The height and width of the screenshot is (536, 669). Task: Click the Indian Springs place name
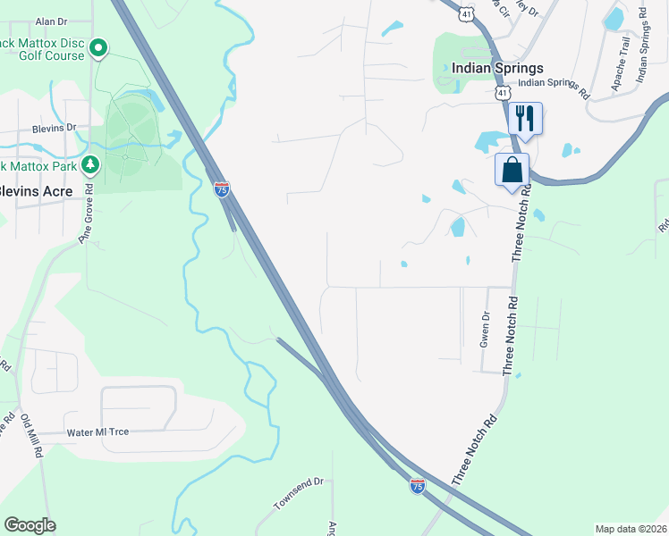[x=497, y=69]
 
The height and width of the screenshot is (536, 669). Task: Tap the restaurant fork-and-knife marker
[x=525, y=117]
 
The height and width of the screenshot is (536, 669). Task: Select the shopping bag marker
[x=512, y=169]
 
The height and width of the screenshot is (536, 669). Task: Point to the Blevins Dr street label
[x=55, y=128]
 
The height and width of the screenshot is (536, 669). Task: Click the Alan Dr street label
[x=51, y=21]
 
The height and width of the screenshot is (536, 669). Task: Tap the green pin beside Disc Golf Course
[x=99, y=46]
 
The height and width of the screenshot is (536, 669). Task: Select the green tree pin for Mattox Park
[x=89, y=164]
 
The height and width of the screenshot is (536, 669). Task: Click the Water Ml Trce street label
[x=98, y=432]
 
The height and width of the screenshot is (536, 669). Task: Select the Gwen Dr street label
[x=487, y=329]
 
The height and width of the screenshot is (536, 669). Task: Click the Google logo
[x=30, y=525]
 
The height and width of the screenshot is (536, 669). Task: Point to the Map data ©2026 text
[x=631, y=529]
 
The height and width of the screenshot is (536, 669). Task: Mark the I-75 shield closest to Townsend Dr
[x=417, y=485]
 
